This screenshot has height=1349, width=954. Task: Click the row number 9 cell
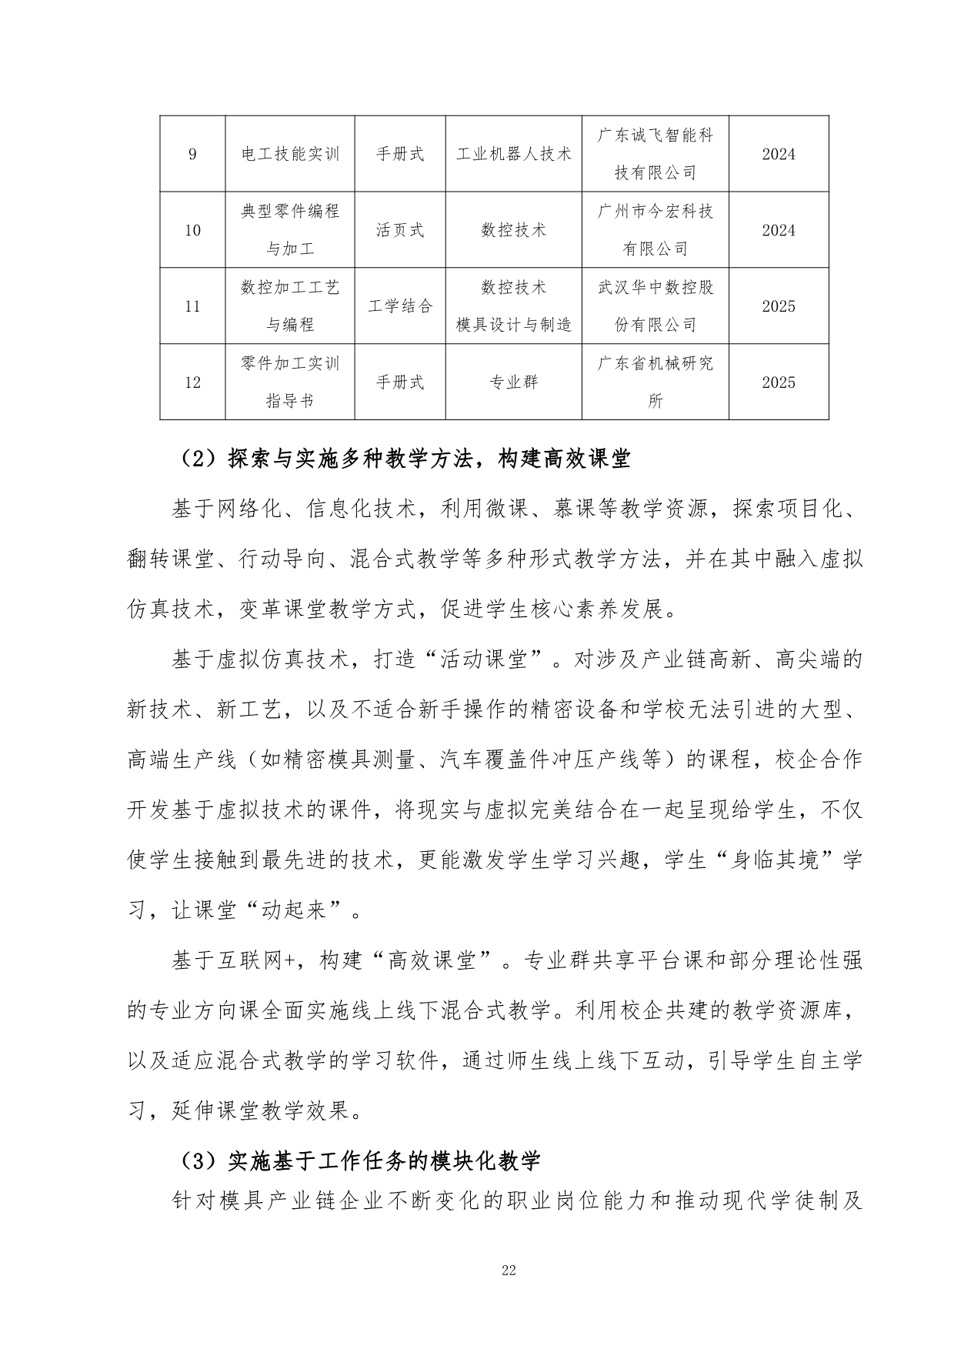[x=192, y=154]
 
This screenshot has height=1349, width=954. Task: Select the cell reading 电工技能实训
[x=290, y=154]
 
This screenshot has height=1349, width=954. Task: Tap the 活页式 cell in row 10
[x=400, y=230]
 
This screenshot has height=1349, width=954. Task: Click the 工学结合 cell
[x=400, y=306]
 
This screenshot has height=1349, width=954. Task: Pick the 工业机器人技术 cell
[x=513, y=154]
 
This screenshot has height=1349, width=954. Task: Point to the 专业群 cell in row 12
[x=513, y=382]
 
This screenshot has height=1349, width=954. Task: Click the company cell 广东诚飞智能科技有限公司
[x=655, y=154]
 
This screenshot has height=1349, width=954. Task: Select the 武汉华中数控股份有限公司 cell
[x=655, y=306]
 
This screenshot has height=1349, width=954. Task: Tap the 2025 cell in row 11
[x=778, y=306]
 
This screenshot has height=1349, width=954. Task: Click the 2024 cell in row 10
[x=778, y=230]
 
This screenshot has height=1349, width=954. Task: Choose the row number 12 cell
[x=192, y=382]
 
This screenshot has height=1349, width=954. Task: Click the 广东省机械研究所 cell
[x=655, y=382]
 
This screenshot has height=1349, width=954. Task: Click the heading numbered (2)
[x=405, y=460]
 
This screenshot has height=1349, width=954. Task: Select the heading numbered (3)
[x=359, y=1160]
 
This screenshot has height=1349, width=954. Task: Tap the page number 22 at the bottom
[x=509, y=1270]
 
